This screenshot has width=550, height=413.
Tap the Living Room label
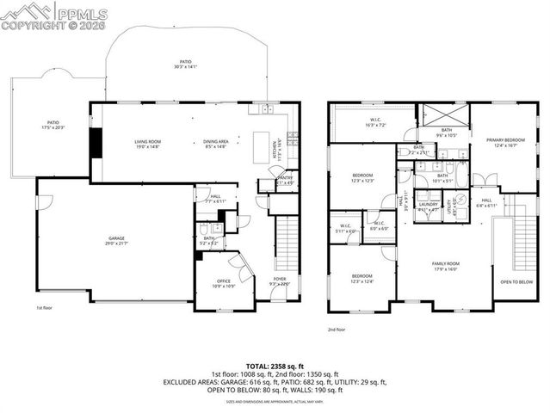[148, 144]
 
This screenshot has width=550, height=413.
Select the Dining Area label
[216, 144]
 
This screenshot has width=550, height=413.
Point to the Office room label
[225, 283]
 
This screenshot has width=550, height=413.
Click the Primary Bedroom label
[506, 142]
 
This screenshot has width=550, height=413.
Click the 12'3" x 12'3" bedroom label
[362, 177]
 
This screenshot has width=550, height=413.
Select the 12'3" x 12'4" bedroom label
[362, 279]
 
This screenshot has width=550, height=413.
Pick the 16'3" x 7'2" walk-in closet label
[375, 122]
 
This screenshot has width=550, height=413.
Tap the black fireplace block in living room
[97, 144]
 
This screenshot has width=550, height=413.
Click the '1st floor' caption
[44, 307]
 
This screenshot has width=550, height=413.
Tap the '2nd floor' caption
[337, 330]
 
